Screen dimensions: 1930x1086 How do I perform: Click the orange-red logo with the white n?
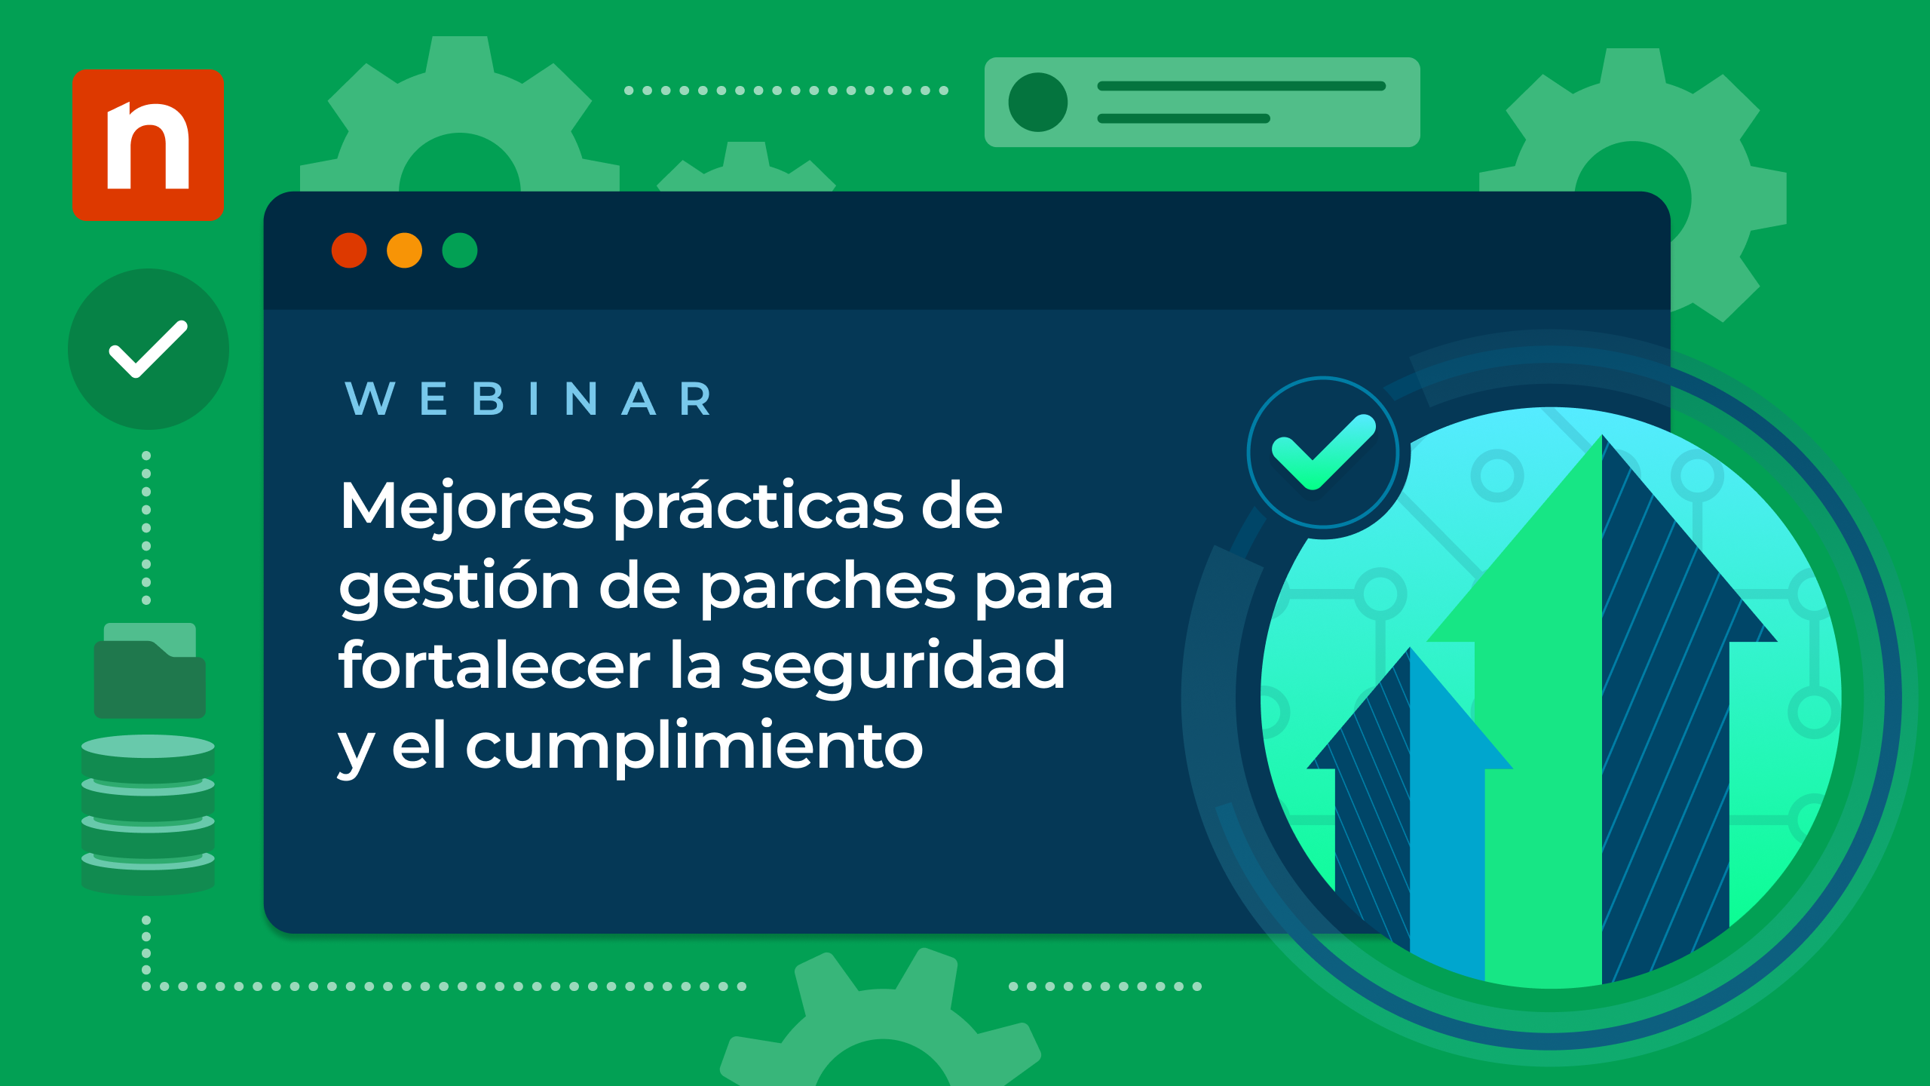click(x=148, y=145)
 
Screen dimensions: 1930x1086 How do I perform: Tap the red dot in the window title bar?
click(x=349, y=250)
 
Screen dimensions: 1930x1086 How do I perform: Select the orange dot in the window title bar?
click(x=404, y=250)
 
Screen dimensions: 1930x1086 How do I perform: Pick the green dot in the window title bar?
click(x=460, y=250)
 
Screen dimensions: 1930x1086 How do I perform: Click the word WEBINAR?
click(x=528, y=399)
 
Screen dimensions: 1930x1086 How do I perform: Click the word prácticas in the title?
click(x=758, y=507)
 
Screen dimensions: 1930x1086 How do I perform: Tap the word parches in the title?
click(x=829, y=587)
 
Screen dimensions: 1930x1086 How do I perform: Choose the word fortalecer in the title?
click(x=495, y=665)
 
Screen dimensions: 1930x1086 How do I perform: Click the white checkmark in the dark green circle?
click(x=148, y=348)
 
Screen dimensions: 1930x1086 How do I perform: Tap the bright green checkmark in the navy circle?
click(x=1324, y=451)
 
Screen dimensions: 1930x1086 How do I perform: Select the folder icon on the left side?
click(x=150, y=670)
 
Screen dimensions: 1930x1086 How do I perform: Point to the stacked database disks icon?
click(x=148, y=815)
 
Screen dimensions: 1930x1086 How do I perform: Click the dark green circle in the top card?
click(x=1038, y=102)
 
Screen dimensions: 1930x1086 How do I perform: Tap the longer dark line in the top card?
click(x=1242, y=86)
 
